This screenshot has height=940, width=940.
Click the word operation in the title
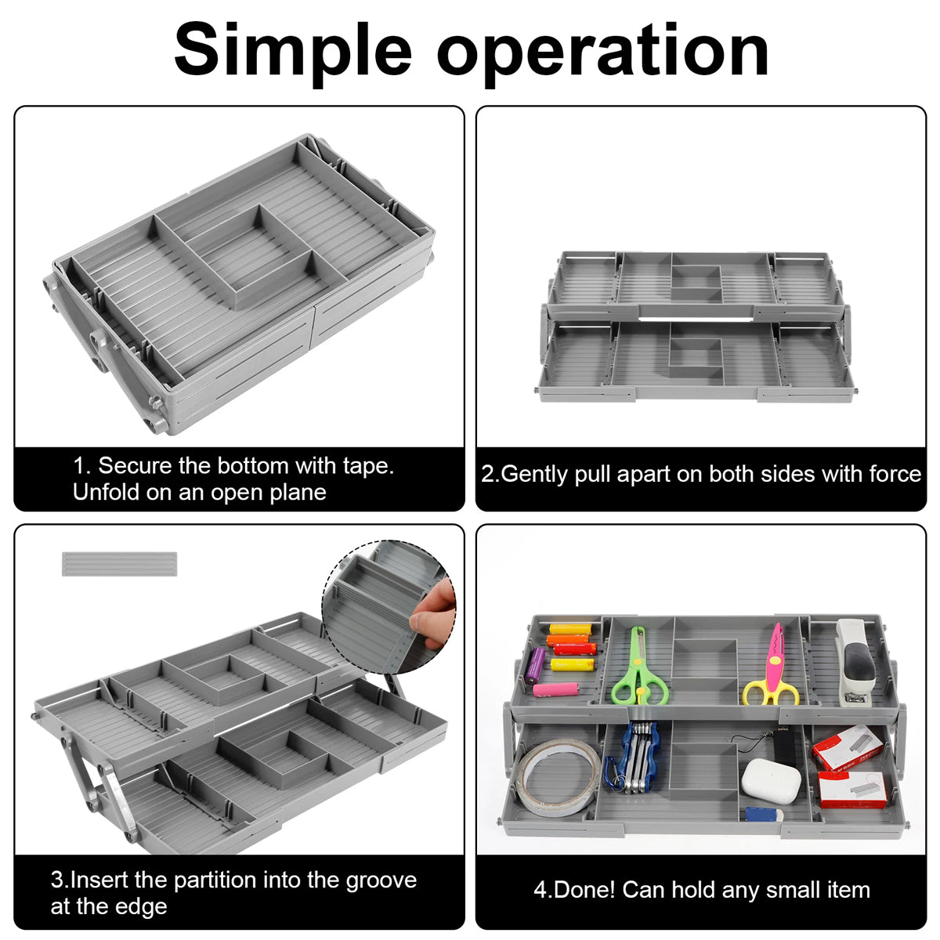(602, 53)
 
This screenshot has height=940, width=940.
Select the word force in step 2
(895, 474)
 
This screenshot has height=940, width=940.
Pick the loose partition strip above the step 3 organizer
(119, 563)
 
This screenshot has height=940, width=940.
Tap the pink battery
(556, 690)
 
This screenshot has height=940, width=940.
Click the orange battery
(567, 639)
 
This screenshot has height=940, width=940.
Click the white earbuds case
(771, 780)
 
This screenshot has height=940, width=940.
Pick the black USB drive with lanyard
(784, 749)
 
